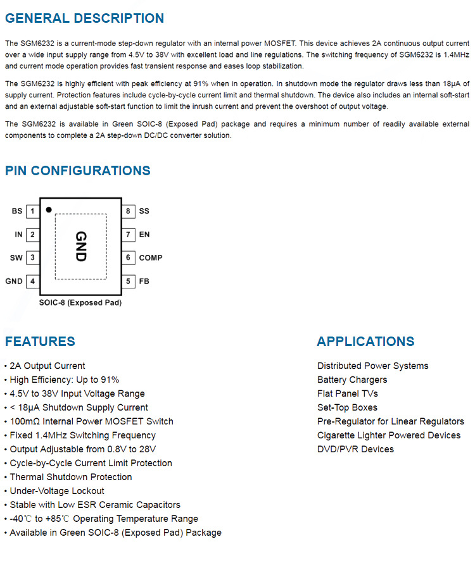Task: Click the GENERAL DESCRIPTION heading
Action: [84, 18]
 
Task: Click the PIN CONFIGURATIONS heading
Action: [78, 171]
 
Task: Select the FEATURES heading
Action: [40, 342]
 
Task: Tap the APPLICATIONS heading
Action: [365, 342]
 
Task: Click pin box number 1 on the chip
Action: [32, 211]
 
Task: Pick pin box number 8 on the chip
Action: [128, 211]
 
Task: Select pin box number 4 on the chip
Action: [32, 281]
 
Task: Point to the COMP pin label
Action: [151, 258]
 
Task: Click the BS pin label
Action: [17, 211]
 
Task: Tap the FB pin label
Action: [144, 281]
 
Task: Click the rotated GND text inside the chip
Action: [80, 247]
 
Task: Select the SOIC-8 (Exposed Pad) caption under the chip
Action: [80, 302]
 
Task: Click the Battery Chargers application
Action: [352, 380]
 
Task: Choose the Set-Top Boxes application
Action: [347, 407]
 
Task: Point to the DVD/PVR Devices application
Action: [355, 449]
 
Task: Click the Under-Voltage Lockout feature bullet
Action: [57, 491]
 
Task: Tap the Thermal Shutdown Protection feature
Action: [71, 477]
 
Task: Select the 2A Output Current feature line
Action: [47, 366]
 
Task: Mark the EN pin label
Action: [144, 235]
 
